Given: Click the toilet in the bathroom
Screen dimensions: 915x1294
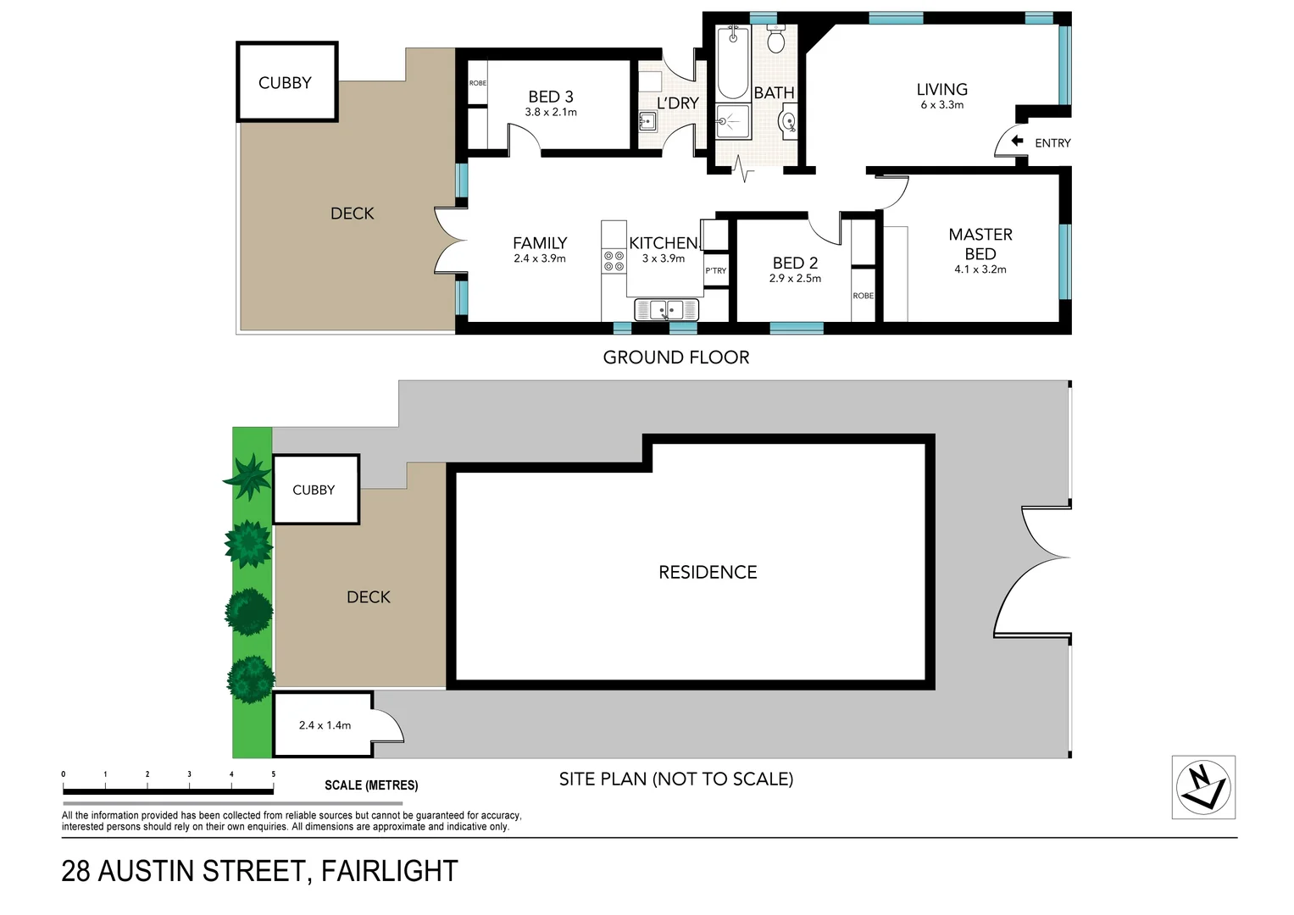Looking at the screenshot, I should click(775, 39).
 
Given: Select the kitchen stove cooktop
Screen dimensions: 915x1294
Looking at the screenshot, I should click(614, 260).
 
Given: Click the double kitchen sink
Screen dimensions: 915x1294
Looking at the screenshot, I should click(666, 309).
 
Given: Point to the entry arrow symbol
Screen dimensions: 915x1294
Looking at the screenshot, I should click(1017, 141).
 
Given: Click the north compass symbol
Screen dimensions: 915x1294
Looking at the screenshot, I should click(1202, 787).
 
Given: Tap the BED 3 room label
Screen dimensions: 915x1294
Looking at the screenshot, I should click(551, 97).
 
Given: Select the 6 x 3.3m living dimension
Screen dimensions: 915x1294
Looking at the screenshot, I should click(941, 105).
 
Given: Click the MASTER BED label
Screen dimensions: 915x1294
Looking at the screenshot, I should click(980, 244).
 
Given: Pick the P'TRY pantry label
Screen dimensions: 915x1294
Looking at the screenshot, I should click(715, 271).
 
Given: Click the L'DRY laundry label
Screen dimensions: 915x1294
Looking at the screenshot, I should click(677, 103).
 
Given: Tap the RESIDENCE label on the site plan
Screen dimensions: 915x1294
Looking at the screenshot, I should click(708, 572).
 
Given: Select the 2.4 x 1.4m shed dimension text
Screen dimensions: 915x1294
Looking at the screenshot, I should click(325, 725).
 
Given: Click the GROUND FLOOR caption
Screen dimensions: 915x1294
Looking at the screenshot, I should click(675, 358).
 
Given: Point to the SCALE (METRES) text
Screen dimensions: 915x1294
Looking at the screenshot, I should click(371, 785).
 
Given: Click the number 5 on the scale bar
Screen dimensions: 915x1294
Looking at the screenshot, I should click(273, 774).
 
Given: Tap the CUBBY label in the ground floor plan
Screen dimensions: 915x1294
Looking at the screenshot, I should click(285, 83).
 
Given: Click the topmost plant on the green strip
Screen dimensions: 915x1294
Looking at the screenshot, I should click(249, 477).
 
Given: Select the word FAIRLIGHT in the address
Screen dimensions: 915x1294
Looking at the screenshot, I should click(389, 871).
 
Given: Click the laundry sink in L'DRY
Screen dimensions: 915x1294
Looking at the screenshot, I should click(648, 121).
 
